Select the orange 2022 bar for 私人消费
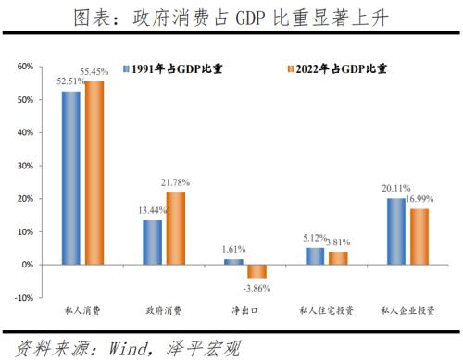tap(94, 173)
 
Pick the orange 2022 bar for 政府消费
tap(175, 229)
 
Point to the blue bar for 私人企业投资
tap(395, 231)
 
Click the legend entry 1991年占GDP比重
tap(175, 68)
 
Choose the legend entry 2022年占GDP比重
tap(334, 68)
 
